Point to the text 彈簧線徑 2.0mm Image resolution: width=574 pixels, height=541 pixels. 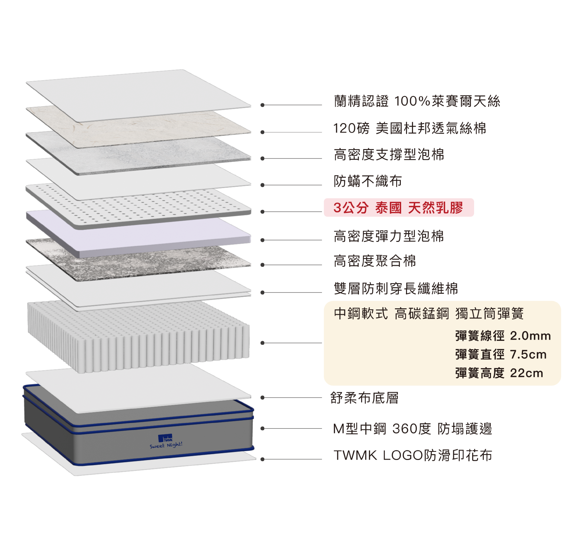click(503, 336)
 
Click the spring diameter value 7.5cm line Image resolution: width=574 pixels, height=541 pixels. click(501, 354)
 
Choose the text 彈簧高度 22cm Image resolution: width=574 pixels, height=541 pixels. click(499, 373)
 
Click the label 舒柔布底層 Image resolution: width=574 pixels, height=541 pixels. click(364, 398)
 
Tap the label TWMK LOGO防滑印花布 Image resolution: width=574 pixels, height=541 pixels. click(413, 456)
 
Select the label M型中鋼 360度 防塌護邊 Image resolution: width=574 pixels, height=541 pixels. click(412, 429)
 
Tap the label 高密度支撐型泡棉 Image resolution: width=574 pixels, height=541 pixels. click(389, 154)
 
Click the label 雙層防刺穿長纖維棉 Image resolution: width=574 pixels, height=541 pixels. click(396, 288)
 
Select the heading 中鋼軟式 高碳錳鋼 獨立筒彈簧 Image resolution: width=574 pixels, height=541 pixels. click(429, 314)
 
